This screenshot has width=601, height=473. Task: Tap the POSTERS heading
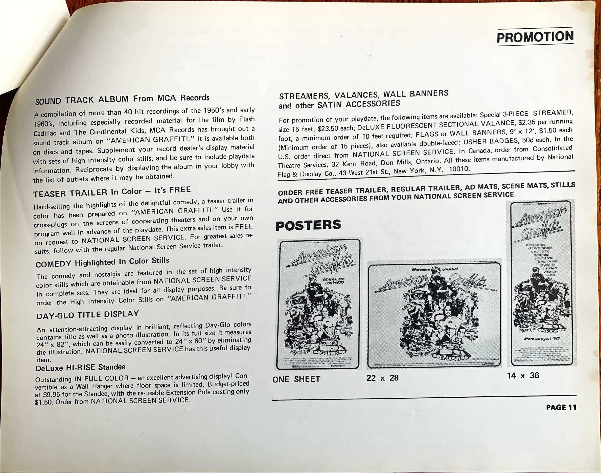point(308,225)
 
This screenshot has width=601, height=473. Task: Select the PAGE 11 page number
point(561,407)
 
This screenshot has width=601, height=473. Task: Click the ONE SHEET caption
point(296,379)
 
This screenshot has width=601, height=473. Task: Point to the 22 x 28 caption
point(382,378)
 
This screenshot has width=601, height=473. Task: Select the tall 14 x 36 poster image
point(541,283)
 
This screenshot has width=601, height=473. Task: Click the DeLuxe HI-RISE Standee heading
point(80,368)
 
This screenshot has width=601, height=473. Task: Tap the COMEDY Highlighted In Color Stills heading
point(102,262)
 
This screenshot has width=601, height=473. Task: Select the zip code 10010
point(459,169)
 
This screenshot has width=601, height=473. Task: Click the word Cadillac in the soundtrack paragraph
point(44,134)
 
